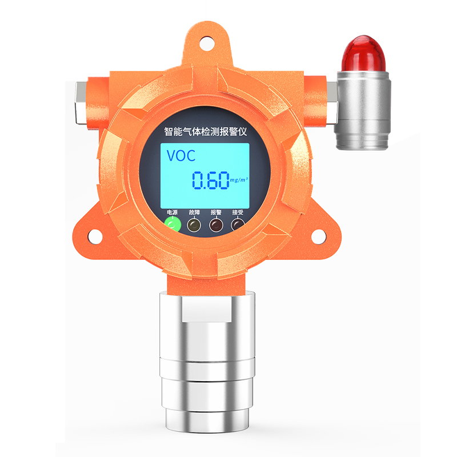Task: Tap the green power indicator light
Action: pos(173,225)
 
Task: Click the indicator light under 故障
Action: pos(194,225)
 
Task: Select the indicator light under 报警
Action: pos(216,225)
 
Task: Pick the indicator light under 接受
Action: pos(238,225)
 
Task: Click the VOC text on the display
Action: pos(181,155)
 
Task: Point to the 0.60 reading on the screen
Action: pos(210,180)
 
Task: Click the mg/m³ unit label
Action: pos(239,179)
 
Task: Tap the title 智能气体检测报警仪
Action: pos(206,132)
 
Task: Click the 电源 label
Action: pos(173,212)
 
